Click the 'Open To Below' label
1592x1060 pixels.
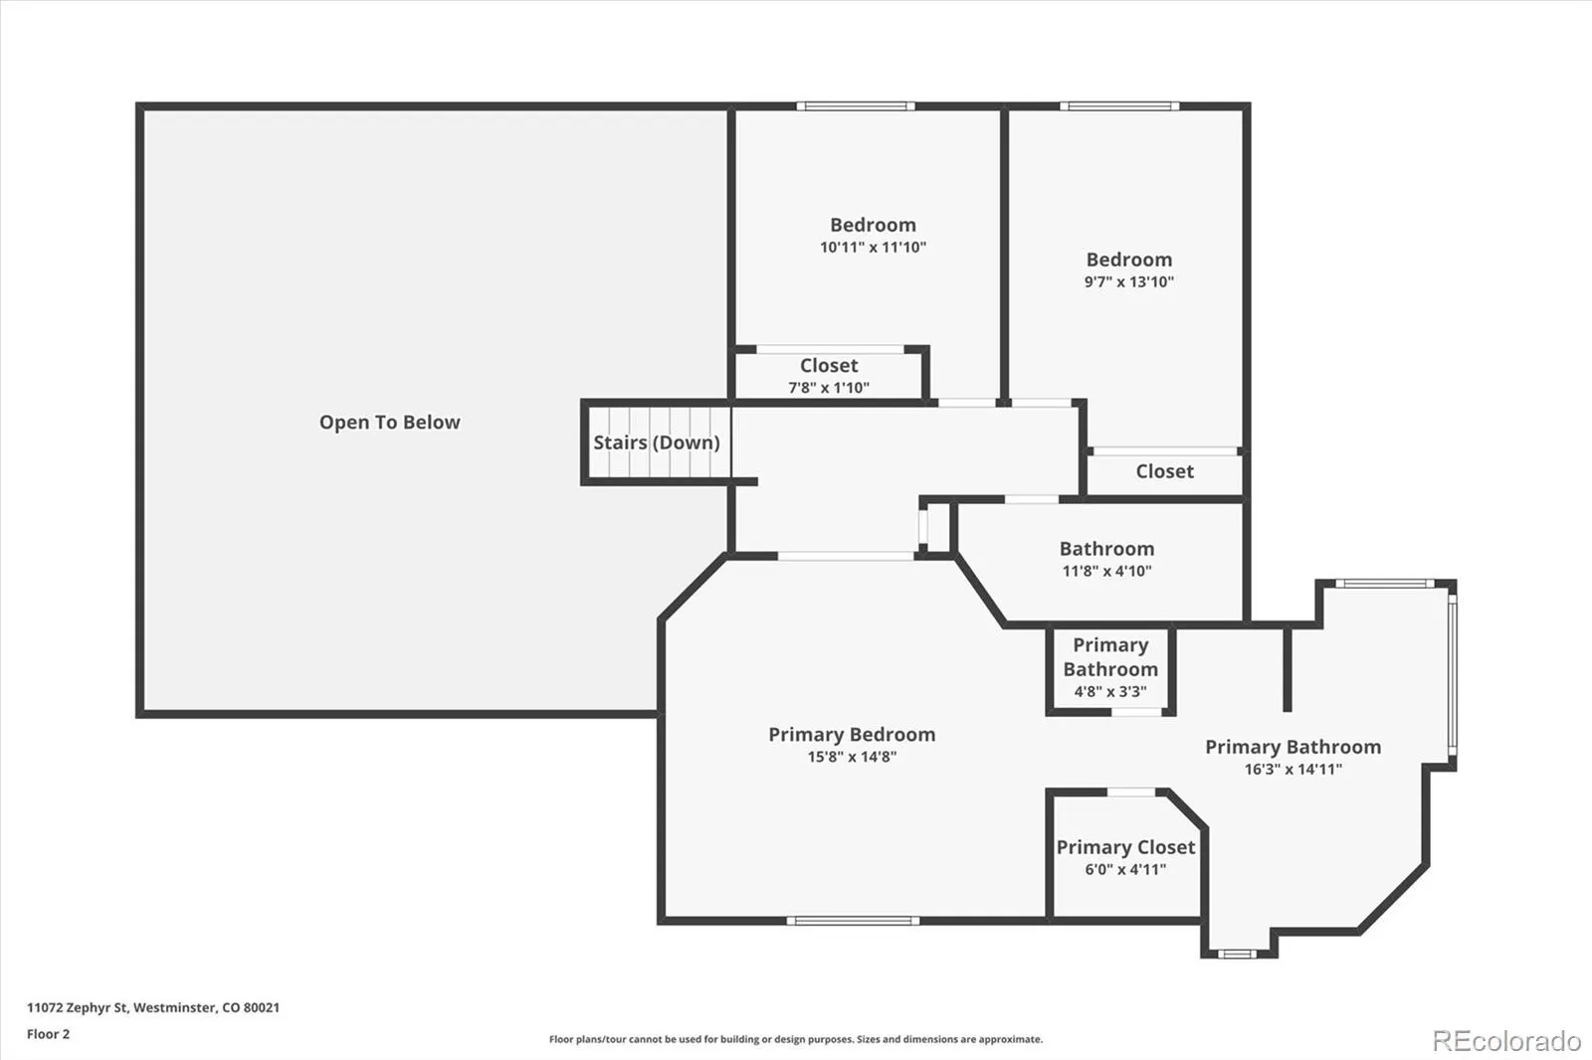tap(389, 423)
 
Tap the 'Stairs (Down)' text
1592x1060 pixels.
tap(656, 442)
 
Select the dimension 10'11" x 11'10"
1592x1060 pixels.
tap(873, 248)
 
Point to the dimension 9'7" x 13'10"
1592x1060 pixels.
tap(1128, 282)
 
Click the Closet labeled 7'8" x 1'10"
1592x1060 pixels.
tap(829, 375)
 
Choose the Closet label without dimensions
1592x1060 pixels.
tap(1164, 471)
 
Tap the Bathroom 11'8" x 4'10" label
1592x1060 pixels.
tap(1106, 558)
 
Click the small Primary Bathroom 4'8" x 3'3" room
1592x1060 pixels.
tap(1110, 667)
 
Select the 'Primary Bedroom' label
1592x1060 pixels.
tap(852, 734)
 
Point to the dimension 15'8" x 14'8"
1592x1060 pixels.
tap(852, 757)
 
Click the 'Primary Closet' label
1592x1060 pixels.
tap(1125, 847)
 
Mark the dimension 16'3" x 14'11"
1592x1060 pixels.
tap(1293, 770)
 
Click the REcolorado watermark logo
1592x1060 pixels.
tap(1506, 1040)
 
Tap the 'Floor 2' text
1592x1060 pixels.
tap(48, 1034)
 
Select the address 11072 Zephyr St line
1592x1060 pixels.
tap(153, 1007)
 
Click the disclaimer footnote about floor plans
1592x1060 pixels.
tap(796, 1039)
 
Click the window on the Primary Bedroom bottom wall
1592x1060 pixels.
tap(853, 921)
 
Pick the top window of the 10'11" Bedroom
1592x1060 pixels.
tap(855, 105)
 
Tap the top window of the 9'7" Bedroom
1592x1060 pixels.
tap(1119, 105)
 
